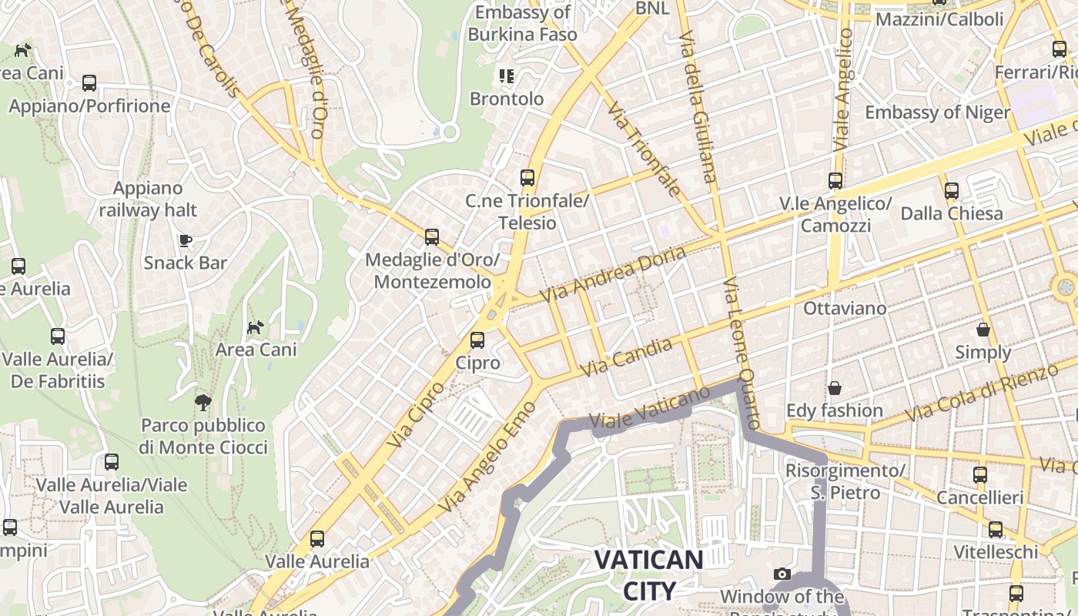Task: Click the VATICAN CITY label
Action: point(648,575)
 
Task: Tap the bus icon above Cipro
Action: point(477,340)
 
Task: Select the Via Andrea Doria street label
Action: point(612,275)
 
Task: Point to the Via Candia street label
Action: point(625,357)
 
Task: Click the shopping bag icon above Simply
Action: point(983,330)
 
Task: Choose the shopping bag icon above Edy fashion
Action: point(834,388)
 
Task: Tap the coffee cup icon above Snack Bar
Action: point(186,240)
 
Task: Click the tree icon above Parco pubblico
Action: point(203,402)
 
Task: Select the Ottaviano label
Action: point(845,308)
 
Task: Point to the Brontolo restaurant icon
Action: point(506,75)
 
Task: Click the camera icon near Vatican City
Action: point(782,574)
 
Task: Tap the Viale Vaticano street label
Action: point(649,408)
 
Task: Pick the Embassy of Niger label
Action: point(937,112)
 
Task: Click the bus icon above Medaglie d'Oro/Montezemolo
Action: point(432,237)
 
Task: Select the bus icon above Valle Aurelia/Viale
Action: point(112,462)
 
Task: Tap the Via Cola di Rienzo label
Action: point(981,393)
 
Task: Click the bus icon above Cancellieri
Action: point(979,475)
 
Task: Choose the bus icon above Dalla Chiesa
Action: point(952,190)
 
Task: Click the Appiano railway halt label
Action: point(148,199)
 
